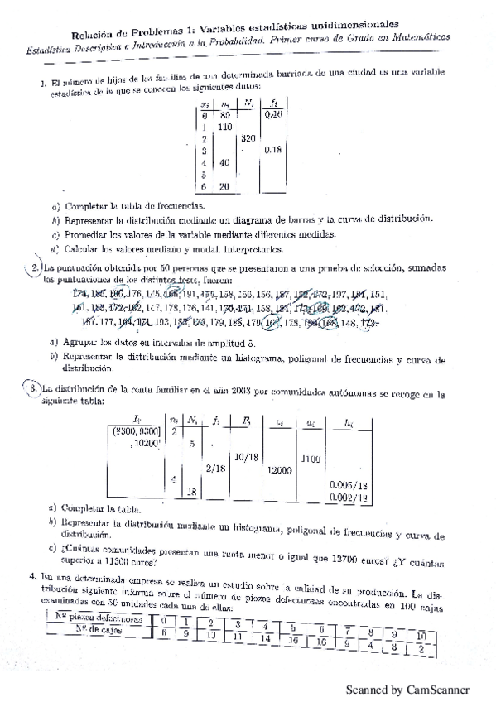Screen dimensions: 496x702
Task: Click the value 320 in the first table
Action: click(x=247, y=139)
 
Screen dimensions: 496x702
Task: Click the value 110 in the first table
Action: click(x=224, y=127)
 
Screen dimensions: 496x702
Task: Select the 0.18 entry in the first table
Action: click(x=272, y=151)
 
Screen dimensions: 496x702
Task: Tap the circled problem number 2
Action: click(x=36, y=268)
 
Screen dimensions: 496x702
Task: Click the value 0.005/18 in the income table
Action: click(x=348, y=484)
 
